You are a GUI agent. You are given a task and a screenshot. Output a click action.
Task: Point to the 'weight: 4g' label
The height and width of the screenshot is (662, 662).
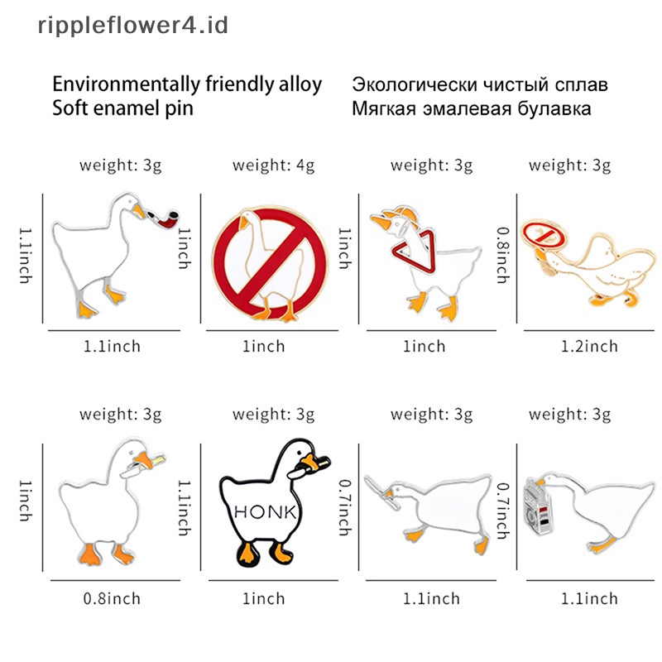pyautogui.click(x=273, y=165)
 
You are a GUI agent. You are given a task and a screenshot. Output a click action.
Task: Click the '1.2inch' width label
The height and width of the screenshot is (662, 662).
pyautogui.click(x=588, y=346)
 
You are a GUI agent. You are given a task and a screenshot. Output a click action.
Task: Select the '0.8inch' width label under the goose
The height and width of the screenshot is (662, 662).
pyautogui.click(x=113, y=598)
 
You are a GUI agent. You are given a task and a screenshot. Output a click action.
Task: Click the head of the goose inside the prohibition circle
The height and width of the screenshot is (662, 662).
pyautogui.click(x=245, y=219)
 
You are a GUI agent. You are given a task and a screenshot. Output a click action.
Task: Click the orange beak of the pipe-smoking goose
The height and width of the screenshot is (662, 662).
pyautogui.click(x=137, y=213)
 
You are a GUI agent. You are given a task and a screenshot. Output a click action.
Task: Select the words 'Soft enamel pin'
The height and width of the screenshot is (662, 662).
pyautogui.click(x=122, y=108)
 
